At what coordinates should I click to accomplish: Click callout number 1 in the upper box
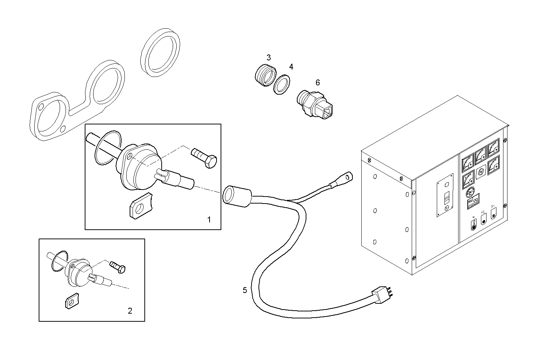point(209,220)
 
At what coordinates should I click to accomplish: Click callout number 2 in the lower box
point(130,311)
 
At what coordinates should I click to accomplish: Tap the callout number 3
point(268,57)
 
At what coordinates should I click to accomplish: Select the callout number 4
point(291,67)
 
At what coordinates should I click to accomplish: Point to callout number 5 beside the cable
point(245,290)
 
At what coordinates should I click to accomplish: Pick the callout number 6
point(317,82)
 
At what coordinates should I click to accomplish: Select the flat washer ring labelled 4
point(282,85)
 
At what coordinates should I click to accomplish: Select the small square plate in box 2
point(70,301)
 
